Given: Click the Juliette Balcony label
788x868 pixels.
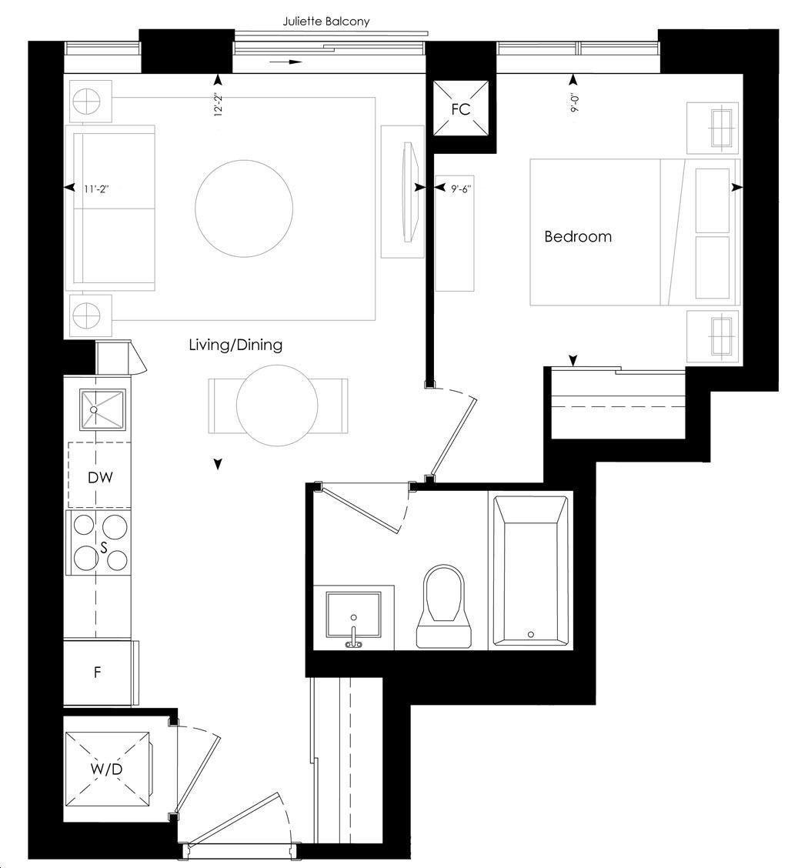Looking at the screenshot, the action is (326, 22).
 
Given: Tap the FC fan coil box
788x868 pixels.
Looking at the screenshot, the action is (461, 108).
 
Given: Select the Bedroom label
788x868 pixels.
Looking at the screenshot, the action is (578, 236).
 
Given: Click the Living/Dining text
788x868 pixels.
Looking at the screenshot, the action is (235, 345).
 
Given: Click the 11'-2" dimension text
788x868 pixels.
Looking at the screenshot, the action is (96, 189).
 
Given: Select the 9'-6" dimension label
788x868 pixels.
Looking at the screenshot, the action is (461, 189).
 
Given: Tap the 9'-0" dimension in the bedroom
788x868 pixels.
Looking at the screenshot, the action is (575, 103).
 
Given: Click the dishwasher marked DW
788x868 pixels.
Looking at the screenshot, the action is (100, 476).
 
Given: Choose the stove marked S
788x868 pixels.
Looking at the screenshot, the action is (98, 542).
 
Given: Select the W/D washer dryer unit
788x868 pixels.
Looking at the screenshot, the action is (108, 769).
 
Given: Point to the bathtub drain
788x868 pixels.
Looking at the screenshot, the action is (531, 634).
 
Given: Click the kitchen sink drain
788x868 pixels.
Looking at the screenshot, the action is (94, 409).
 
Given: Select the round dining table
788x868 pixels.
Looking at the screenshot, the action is (277, 406).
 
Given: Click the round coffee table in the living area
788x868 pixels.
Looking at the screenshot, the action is (244, 208).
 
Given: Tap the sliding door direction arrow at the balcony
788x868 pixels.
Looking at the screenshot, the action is (285, 62).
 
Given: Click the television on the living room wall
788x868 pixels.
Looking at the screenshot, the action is (410, 192).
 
